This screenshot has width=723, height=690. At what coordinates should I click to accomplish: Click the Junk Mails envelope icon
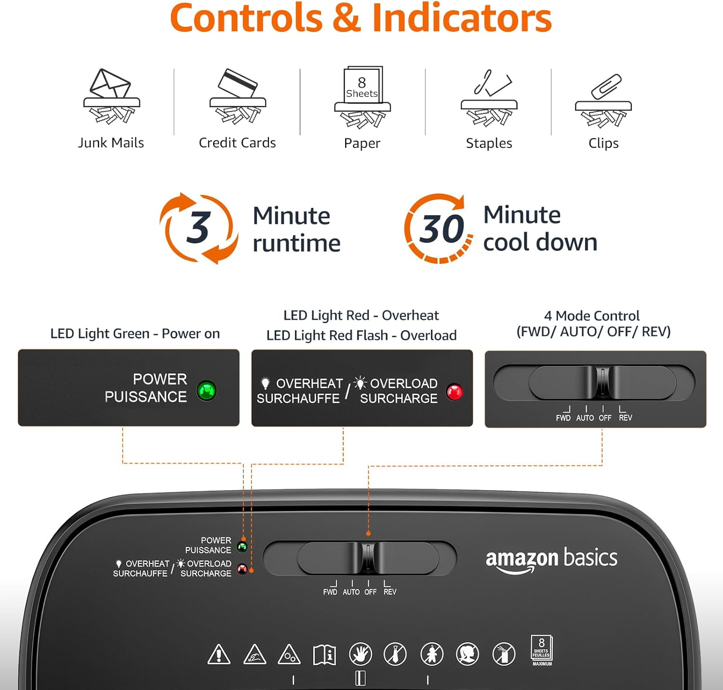pyautogui.click(x=111, y=96)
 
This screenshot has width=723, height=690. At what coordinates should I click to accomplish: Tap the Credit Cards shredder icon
pyautogui.click(x=238, y=96)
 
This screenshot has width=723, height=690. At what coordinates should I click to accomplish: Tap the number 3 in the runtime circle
pyautogui.click(x=198, y=227)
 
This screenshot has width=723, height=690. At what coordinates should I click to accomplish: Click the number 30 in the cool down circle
pyautogui.click(x=441, y=229)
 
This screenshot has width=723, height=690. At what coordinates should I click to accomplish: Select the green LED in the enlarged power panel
pyautogui.click(x=207, y=391)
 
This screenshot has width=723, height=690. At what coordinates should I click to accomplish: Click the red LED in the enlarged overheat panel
pyautogui.click(x=455, y=392)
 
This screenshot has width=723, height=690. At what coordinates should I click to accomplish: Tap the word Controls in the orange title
pyautogui.click(x=246, y=18)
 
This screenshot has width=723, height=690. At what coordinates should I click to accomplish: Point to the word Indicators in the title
pyautogui.click(x=462, y=18)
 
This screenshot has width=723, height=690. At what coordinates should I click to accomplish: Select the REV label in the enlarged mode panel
pyautogui.click(x=625, y=418)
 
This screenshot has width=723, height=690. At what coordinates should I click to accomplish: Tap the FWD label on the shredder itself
pyautogui.click(x=330, y=592)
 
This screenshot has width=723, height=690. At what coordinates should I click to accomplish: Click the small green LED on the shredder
pyautogui.click(x=242, y=547)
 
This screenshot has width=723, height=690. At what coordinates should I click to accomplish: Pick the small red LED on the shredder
pyautogui.click(x=242, y=570)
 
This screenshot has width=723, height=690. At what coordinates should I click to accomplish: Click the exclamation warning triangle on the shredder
pyautogui.click(x=219, y=654)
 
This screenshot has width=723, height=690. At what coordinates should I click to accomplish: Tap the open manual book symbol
pyautogui.click(x=325, y=655)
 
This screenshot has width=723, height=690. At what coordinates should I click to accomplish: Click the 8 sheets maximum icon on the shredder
pyautogui.click(x=542, y=651)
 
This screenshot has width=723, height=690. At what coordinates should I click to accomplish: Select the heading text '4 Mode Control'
pyautogui.click(x=592, y=316)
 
